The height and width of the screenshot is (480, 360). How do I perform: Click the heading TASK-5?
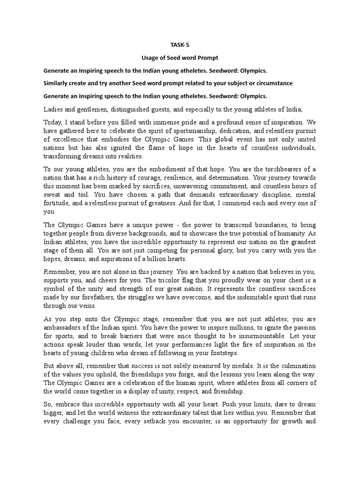(180, 45)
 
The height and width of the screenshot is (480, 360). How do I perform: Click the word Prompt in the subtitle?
(209, 58)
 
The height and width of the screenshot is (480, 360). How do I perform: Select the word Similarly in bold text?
(59, 83)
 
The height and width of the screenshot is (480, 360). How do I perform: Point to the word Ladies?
(53, 109)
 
